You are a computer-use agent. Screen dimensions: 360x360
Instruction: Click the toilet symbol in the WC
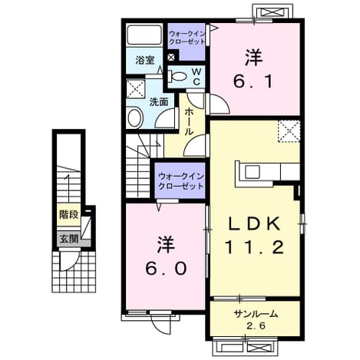tap(177, 76)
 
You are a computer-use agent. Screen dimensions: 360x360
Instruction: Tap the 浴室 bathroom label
tap(145, 61)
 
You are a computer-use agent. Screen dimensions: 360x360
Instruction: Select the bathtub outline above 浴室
tap(144, 35)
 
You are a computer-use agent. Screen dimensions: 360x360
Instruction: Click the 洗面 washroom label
tap(159, 102)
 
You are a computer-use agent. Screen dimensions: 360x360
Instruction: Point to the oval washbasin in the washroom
tap(134, 117)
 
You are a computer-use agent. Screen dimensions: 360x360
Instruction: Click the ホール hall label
tap(189, 121)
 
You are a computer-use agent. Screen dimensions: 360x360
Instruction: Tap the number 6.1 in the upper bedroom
tap(252, 82)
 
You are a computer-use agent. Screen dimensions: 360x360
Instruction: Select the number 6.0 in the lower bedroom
tap(167, 269)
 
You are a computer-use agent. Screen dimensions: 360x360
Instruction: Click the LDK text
tap(254, 223)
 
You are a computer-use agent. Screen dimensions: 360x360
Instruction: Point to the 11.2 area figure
tap(254, 247)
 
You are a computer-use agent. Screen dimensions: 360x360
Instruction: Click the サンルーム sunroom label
tap(256, 314)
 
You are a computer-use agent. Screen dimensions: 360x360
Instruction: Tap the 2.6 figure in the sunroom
tap(256, 326)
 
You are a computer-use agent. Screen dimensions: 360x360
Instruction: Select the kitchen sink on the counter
tap(253, 172)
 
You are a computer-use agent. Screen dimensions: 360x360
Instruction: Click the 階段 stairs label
tap(69, 214)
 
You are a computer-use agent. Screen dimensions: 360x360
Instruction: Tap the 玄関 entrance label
tap(69, 239)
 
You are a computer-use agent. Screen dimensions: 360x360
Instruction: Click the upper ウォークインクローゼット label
tap(187, 38)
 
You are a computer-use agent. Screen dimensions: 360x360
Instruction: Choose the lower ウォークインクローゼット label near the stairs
tap(180, 181)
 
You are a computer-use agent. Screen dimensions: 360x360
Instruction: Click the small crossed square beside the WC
tap(172, 58)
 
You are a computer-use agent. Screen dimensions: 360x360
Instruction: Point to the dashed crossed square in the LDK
tap(289, 131)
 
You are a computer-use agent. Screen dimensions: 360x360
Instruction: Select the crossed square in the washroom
tap(136, 89)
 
